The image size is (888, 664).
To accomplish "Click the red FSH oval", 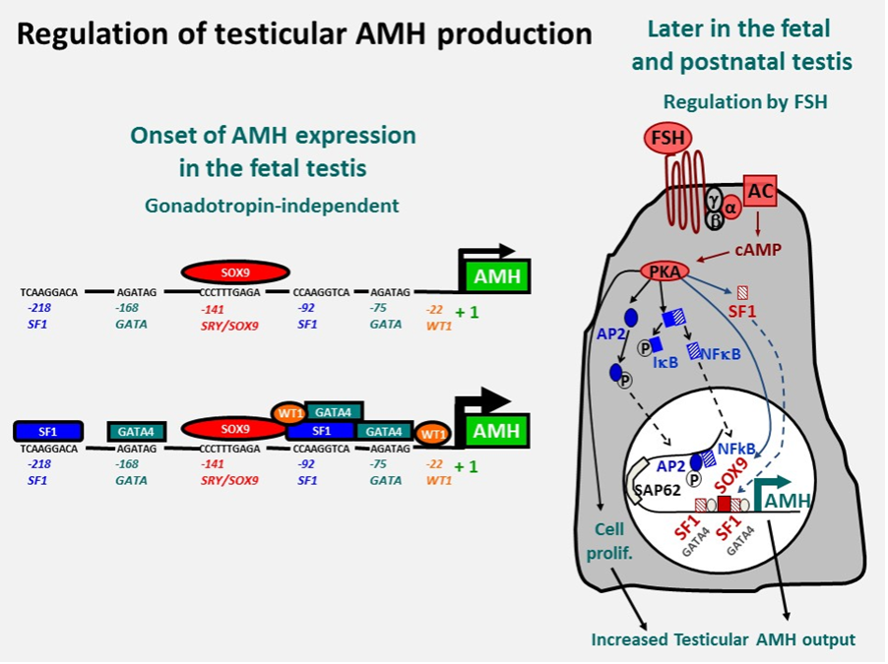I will pos(669,138).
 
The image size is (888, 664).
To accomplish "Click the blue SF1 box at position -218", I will pos(47,430).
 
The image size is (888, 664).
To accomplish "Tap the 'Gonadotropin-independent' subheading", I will pos(272,206).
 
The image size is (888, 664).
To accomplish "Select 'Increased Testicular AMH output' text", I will pos(724,639).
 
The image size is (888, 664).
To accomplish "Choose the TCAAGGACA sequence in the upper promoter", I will pos(49,292).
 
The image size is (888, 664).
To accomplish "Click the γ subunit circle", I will pos(715,198).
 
